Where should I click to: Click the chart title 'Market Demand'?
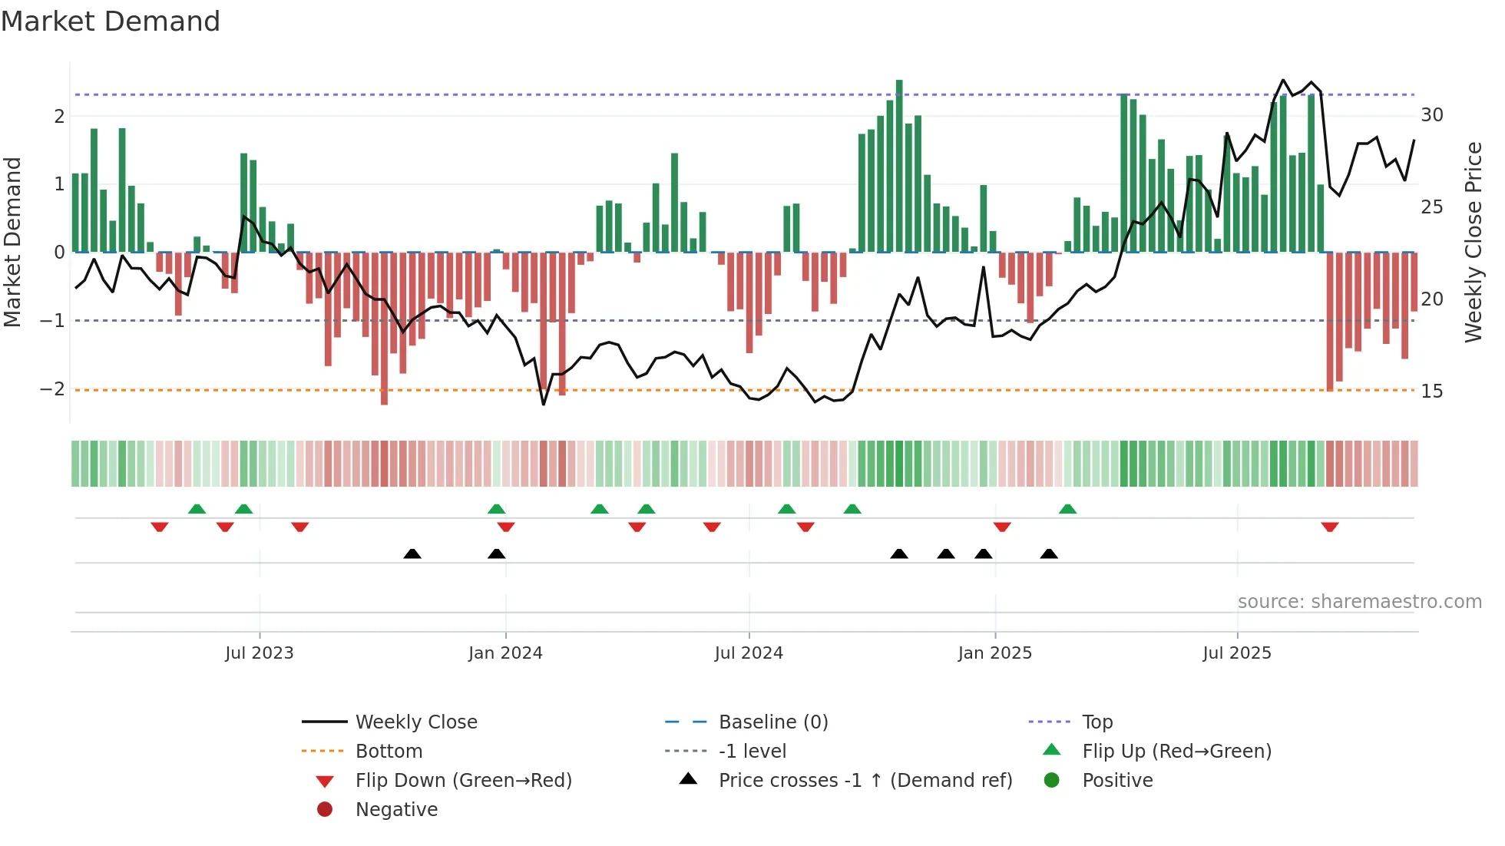pyautogui.click(x=111, y=21)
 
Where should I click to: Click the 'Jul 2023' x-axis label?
pyautogui.click(x=259, y=653)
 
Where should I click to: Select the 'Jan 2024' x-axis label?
pyautogui.click(x=505, y=653)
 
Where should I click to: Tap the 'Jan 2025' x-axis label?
pyautogui.click(x=994, y=653)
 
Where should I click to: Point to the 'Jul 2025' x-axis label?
pyautogui.click(x=1236, y=653)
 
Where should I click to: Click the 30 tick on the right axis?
pyautogui.click(x=1431, y=115)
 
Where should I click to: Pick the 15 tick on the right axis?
pyautogui.click(x=1431, y=392)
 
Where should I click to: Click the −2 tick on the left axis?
pyautogui.click(x=52, y=389)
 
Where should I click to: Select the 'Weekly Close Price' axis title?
pyautogui.click(x=1473, y=242)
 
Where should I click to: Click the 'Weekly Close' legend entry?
pyautogui.click(x=415, y=722)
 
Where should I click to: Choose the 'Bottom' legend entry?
pyautogui.click(x=389, y=752)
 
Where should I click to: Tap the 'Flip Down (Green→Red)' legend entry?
pyautogui.click(x=463, y=781)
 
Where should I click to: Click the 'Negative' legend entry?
pyautogui.click(x=396, y=810)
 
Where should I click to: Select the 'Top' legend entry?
pyautogui.click(x=1096, y=722)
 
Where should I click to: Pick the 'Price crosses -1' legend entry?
pyautogui.click(x=865, y=781)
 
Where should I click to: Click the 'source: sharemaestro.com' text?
pyautogui.click(x=1359, y=602)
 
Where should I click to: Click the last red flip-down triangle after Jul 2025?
pyautogui.click(x=1330, y=527)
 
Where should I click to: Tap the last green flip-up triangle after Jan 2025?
pyautogui.click(x=1067, y=509)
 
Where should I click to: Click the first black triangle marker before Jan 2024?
pyautogui.click(x=412, y=554)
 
